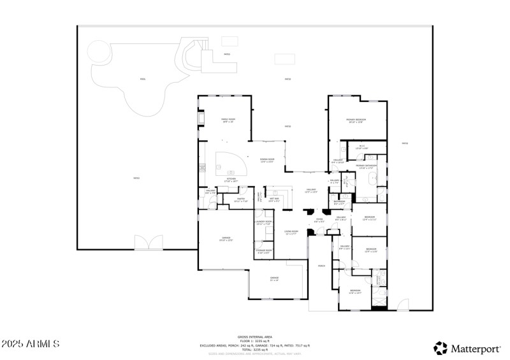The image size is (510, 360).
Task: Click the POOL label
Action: pos(143,80)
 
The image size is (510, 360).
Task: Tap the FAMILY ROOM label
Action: pos(228,120)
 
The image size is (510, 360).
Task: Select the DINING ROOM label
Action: pos(266,161)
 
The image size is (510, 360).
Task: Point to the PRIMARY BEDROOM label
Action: pos(356,120)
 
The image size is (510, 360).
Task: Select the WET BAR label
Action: pos(274,200)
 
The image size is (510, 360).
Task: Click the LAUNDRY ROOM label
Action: pos(263,223)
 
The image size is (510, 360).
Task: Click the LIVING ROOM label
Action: pos(291,232)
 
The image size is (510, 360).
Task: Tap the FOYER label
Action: pos(319,221)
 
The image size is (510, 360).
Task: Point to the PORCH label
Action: pos(321,266)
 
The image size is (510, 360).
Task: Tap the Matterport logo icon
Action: pos(441,348)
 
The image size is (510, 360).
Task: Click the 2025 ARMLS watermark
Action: pos(31,344)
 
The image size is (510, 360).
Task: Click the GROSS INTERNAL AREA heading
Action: pos(255,336)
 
